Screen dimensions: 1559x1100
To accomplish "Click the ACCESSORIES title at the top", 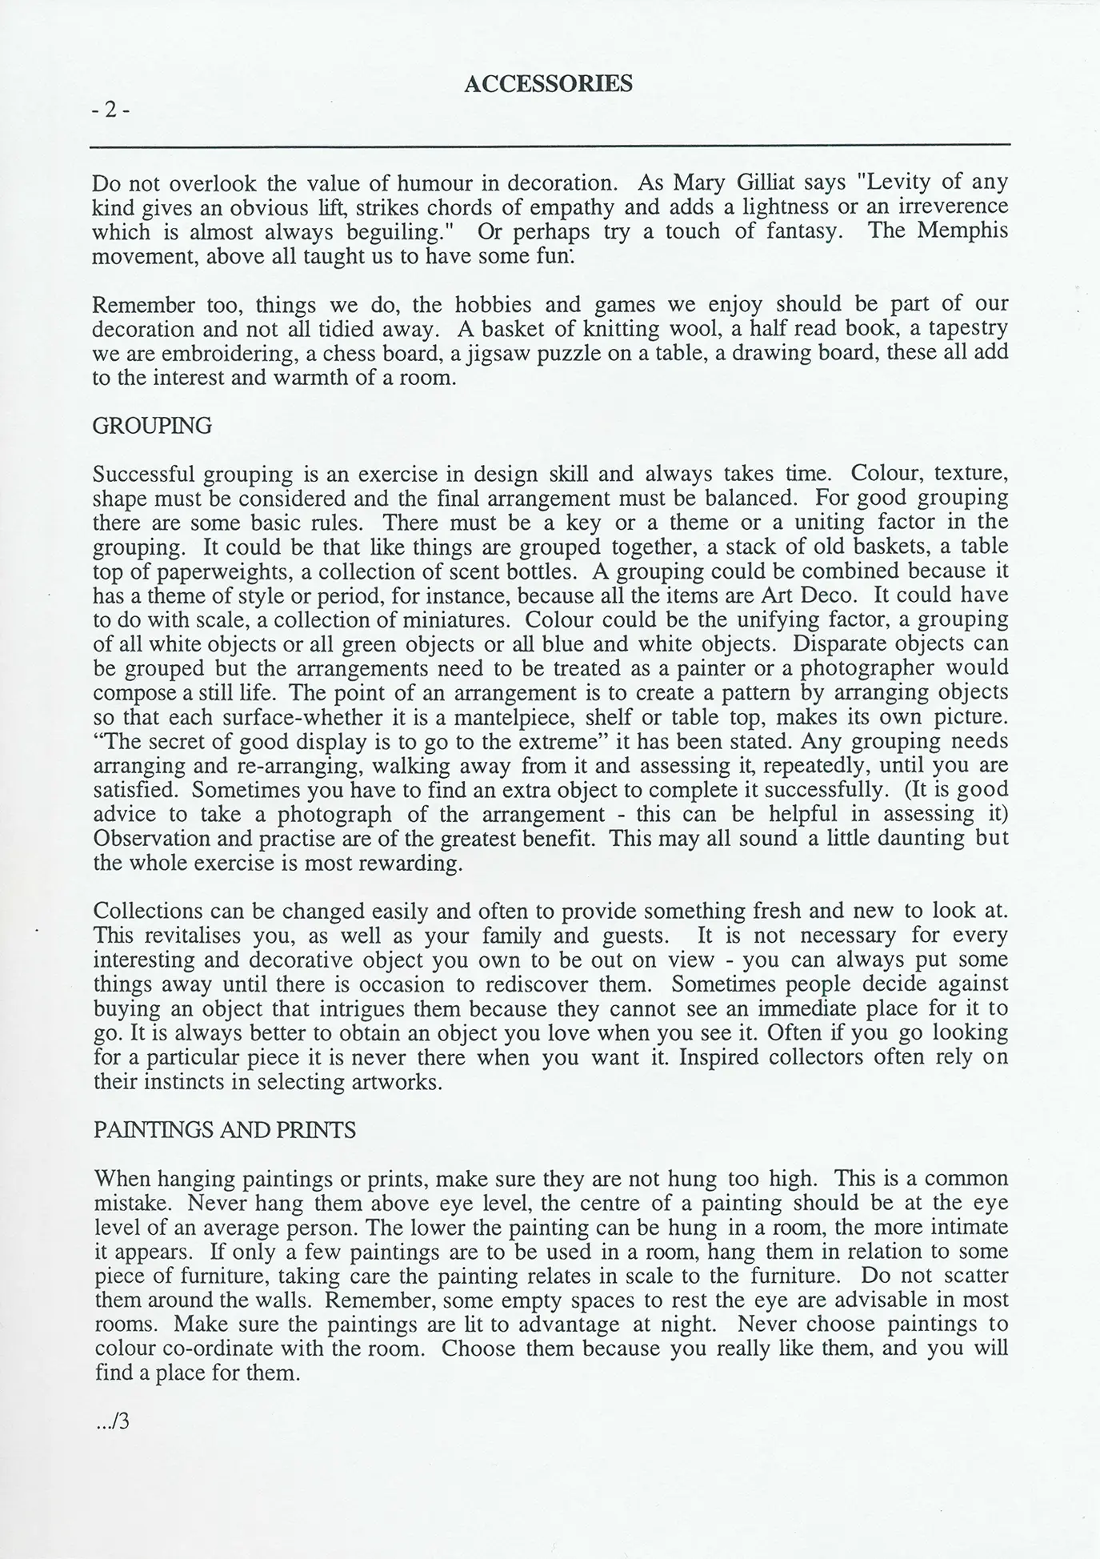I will [548, 84].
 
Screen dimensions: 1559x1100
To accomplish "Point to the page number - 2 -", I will [110, 110].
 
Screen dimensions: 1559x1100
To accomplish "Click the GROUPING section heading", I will [152, 426].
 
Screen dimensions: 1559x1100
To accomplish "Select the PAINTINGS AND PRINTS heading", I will [225, 1130].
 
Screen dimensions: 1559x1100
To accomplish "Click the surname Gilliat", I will [767, 183].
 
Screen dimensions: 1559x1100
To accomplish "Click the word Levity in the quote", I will [900, 183].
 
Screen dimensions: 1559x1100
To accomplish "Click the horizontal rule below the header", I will [550, 145].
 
